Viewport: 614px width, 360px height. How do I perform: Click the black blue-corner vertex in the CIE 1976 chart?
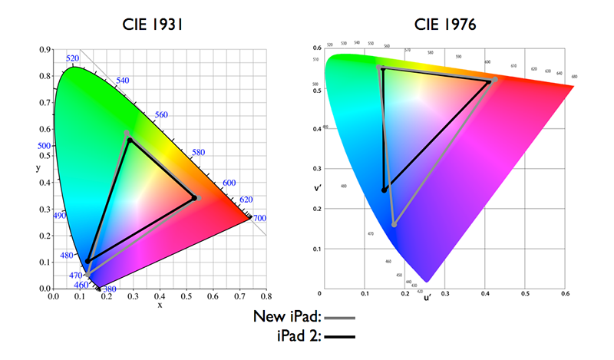384,190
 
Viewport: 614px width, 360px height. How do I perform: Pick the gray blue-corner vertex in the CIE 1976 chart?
394,224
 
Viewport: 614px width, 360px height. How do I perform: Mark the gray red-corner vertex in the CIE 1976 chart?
494,79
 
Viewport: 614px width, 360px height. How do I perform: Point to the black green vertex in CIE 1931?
130,140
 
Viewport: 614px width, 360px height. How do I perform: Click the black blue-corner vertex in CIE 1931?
88,261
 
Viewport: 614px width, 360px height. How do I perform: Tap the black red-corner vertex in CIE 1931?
193,197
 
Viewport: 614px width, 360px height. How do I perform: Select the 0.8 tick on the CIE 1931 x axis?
266,296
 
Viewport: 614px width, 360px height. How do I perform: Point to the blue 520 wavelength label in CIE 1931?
74,59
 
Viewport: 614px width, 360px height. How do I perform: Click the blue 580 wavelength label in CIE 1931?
198,153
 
